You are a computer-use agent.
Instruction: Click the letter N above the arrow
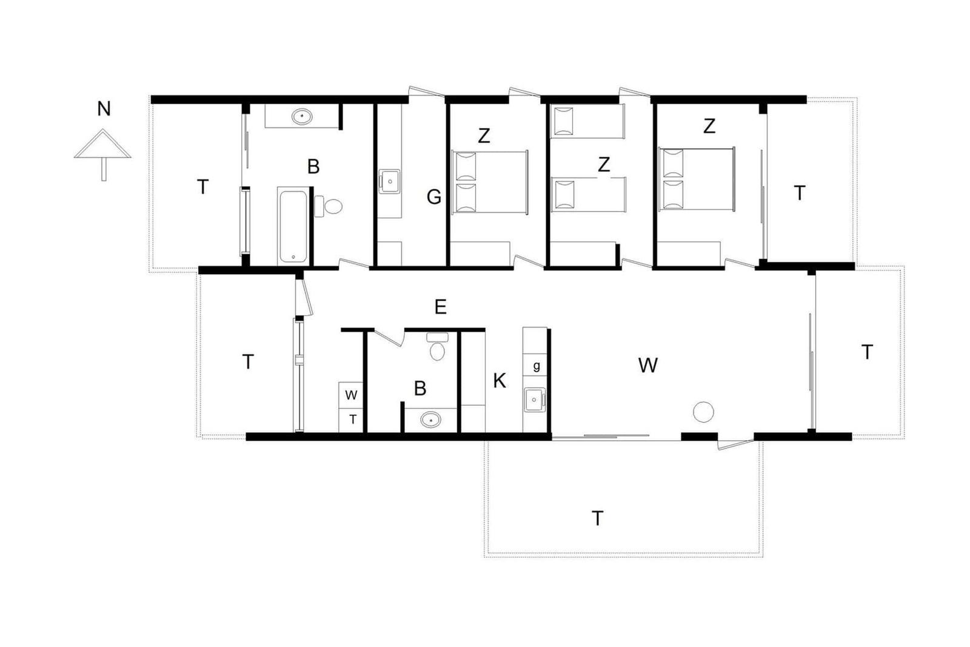104,109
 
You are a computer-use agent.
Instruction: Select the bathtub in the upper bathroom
293,226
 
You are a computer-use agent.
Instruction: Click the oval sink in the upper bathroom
302,116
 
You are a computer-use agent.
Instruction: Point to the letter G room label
434,197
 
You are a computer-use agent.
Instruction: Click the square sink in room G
389,181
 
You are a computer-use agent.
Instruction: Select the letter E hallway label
440,307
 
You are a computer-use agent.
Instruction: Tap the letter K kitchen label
500,381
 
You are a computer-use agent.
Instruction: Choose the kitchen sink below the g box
535,400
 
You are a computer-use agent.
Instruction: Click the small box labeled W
351,395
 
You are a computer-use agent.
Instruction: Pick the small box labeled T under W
351,420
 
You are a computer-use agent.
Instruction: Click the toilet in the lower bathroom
437,346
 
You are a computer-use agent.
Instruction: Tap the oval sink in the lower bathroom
430,420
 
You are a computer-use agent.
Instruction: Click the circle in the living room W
703,412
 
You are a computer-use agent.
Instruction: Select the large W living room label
648,366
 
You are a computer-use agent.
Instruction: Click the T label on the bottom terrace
597,518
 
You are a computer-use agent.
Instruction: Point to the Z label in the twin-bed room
604,164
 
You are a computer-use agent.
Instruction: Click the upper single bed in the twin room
587,122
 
